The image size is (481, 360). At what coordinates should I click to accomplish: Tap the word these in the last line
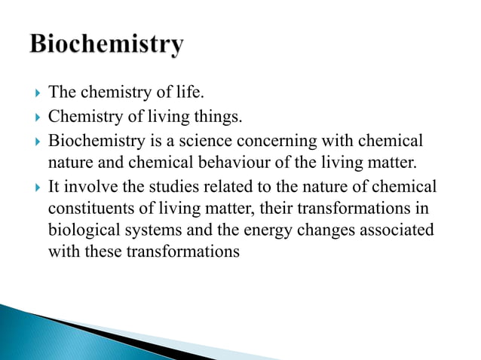pyautogui.click(x=100, y=251)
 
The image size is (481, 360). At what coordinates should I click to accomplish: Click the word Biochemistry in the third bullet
pyautogui.click(x=93, y=141)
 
